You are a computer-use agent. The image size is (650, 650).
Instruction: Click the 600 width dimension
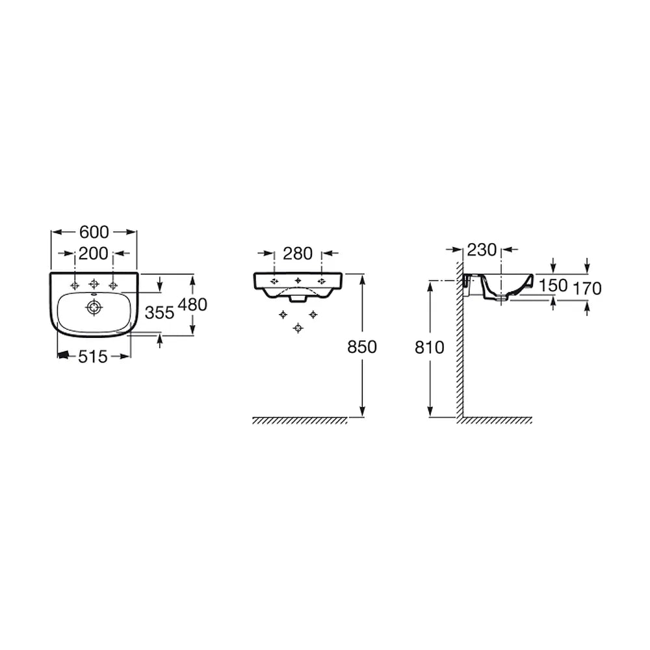[x=94, y=232]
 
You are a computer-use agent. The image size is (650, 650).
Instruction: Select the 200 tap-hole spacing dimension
[x=94, y=253]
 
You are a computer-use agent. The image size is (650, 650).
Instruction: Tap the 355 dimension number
[x=160, y=313]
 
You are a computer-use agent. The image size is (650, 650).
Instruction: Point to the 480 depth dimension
[x=192, y=305]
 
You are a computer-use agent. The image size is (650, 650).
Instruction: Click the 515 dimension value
[x=93, y=356]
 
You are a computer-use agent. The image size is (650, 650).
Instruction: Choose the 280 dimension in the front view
[x=298, y=253]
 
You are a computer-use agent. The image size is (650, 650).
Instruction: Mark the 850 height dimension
[x=362, y=347]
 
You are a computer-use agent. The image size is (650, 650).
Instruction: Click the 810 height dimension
[x=430, y=347]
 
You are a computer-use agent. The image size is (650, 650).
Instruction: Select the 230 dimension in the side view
[x=482, y=250]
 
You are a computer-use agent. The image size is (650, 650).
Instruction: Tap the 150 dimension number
[x=553, y=285]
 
